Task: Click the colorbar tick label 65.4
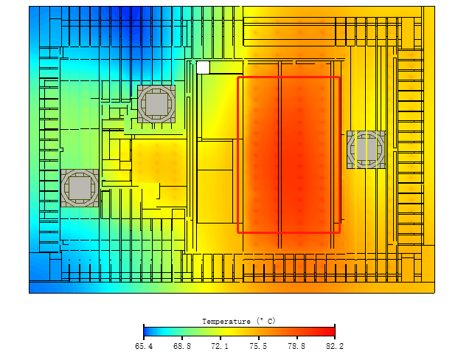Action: point(144,346)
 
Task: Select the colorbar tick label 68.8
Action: point(182,346)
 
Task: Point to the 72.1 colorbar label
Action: point(220,346)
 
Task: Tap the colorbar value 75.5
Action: point(258,346)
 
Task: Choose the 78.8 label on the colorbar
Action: point(296,346)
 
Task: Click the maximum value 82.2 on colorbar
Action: point(335,346)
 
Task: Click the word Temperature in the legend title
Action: point(226,322)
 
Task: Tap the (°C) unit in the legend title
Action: point(266,321)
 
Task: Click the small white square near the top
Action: point(203,68)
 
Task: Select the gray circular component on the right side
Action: point(366,150)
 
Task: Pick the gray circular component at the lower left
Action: point(80,188)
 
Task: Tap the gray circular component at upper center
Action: point(156,104)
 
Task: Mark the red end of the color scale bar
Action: point(332,332)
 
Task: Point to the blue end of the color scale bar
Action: point(147,332)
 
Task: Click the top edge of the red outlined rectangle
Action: point(289,77)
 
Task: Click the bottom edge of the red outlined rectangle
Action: point(289,232)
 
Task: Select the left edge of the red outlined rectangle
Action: point(238,155)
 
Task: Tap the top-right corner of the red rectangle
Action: point(340,77)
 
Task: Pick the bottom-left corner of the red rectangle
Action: point(238,232)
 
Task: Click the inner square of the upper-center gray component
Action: point(156,104)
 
